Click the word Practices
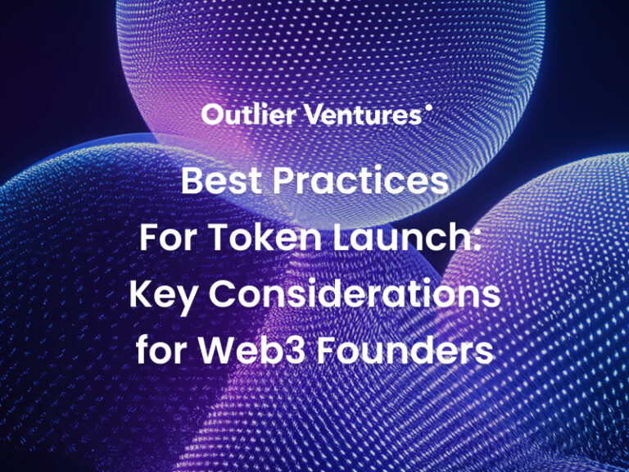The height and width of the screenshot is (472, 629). [361, 180]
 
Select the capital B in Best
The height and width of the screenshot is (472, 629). [192, 180]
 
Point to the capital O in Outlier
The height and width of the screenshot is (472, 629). [213, 115]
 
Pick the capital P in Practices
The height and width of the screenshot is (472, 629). [284, 180]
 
